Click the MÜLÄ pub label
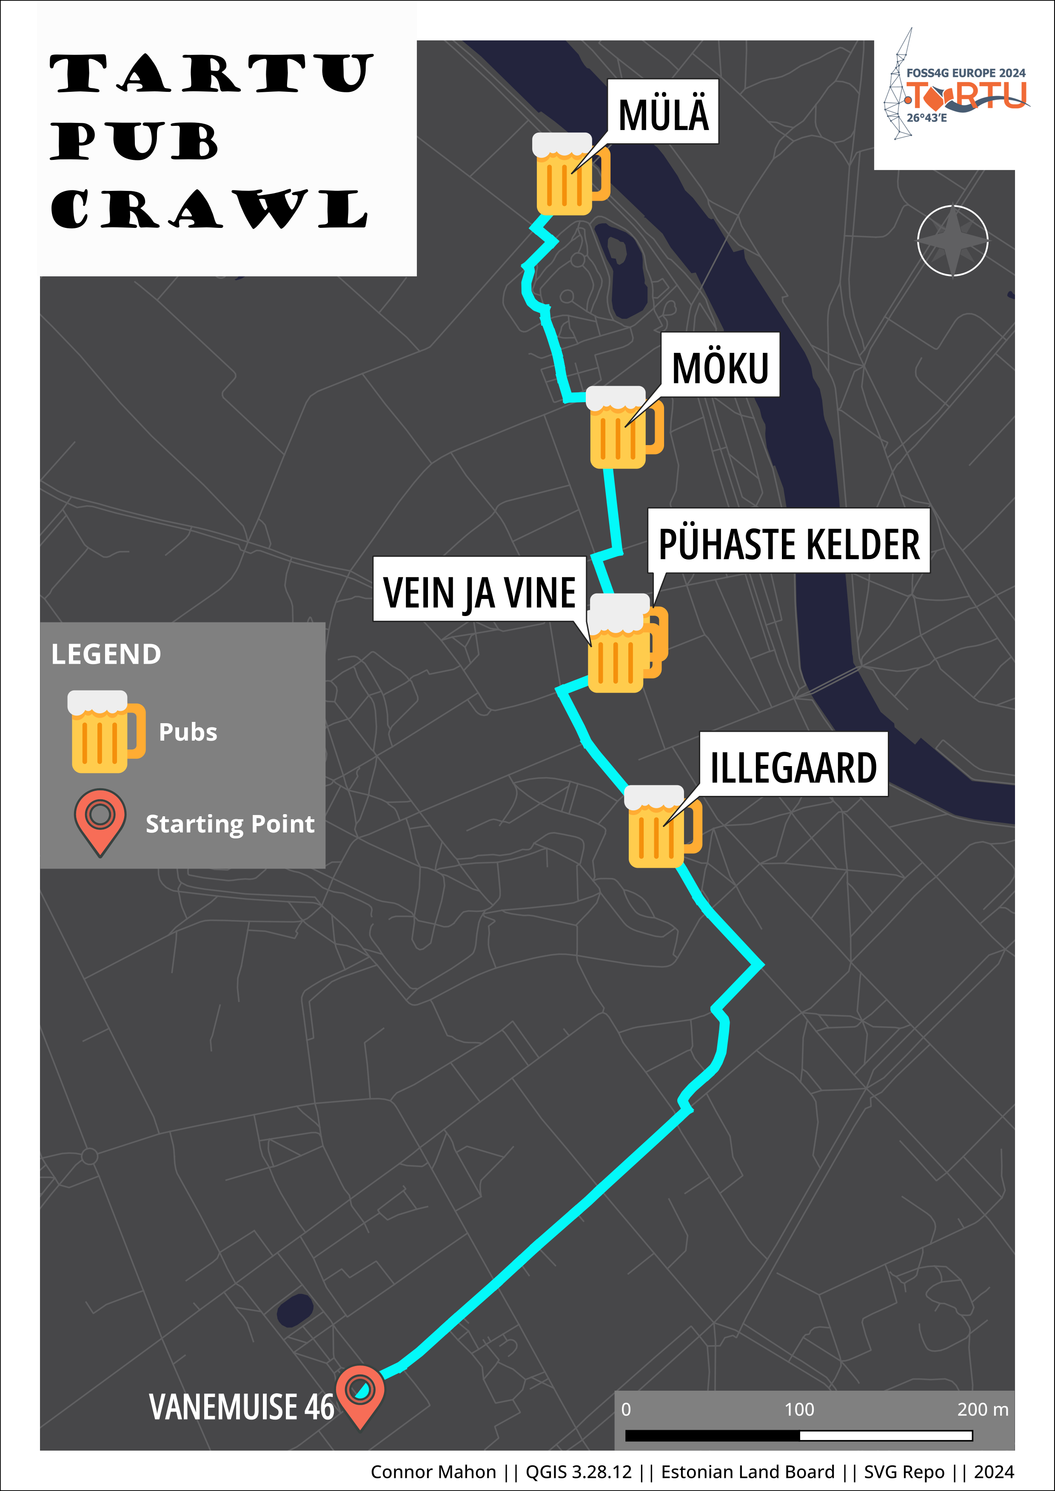[x=663, y=112]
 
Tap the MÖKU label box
[x=720, y=366]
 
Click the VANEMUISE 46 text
[x=241, y=1406]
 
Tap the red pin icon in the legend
[x=100, y=820]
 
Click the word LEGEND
[x=106, y=654]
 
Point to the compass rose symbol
[x=952, y=241]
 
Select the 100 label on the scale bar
[x=798, y=1409]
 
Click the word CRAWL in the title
[x=209, y=209]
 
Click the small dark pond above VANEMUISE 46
[x=294, y=1310]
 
